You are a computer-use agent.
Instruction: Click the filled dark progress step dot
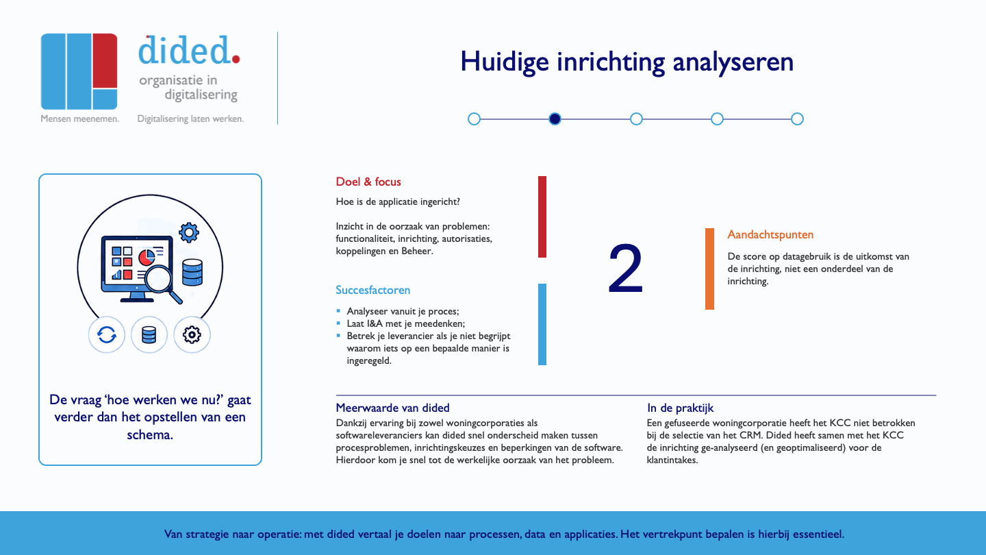(x=555, y=119)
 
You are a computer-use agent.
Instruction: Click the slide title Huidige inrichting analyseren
(x=627, y=62)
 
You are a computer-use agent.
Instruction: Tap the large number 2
(x=626, y=269)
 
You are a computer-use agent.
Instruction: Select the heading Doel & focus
(x=368, y=182)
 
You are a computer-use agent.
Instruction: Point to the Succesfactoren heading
(x=372, y=290)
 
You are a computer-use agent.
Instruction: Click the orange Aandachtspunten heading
(x=770, y=235)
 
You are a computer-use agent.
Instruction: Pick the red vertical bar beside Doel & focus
(x=542, y=217)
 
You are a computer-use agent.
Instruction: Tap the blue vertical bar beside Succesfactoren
(x=542, y=324)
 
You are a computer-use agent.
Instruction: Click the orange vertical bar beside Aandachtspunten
(x=709, y=269)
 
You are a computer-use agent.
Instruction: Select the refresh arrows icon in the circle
(x=107, y=335)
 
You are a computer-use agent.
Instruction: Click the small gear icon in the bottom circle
(x=192, y=335)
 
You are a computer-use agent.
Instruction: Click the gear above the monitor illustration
(x=189, y=232)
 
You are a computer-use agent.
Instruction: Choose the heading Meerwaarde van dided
(x=392, y=408)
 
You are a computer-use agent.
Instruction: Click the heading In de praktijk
(x=680, y=408)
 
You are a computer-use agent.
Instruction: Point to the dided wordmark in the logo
(x=189, y=50)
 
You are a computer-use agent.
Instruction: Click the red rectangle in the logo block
(x=105, y=61)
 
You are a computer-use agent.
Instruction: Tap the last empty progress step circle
(x=797, y=119)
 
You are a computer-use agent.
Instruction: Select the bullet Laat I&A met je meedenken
(x=406, y=323)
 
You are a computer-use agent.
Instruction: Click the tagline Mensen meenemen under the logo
(x=79, y=119)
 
